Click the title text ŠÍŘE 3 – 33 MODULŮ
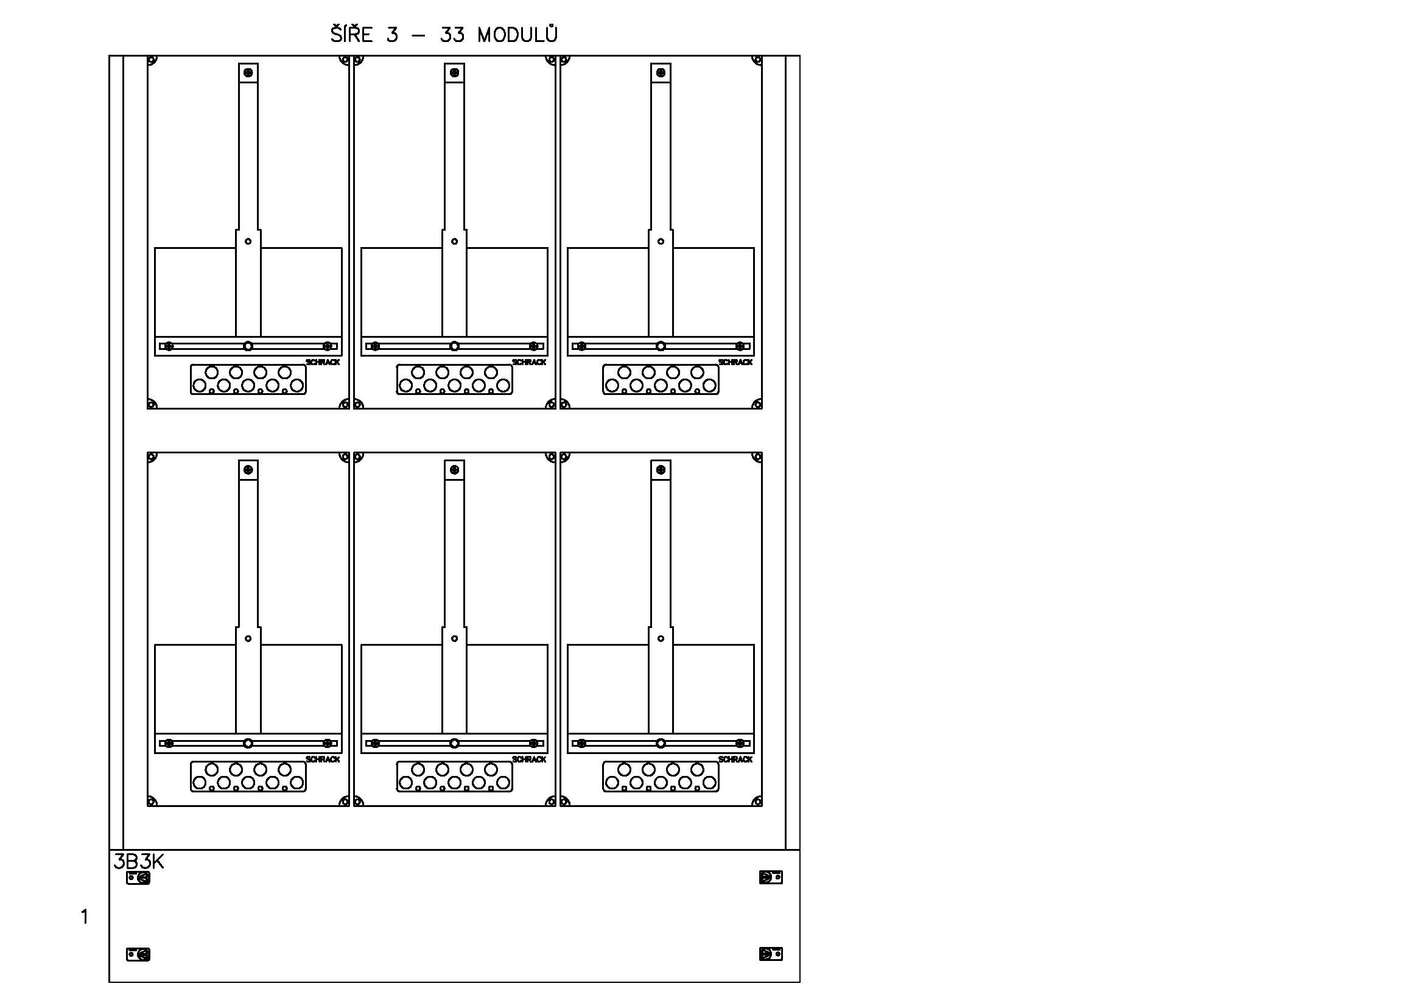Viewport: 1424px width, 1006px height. click(444, 34)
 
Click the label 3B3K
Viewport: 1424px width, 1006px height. click(138, 862)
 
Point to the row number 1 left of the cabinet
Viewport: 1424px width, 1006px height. click(85, 917)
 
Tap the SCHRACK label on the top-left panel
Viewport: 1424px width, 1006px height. click(323, 362)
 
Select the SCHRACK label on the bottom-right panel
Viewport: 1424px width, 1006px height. click(735, 760)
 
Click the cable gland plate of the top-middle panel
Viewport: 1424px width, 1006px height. click(455, 379)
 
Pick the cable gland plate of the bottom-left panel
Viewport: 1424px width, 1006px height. click(248, 777)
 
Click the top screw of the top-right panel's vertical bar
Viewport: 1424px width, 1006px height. click(661, 73)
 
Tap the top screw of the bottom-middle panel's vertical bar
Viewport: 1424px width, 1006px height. click(455, 470)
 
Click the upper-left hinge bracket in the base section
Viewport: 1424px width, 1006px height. click(138, 878)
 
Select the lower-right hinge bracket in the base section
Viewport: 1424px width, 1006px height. click(771, 954)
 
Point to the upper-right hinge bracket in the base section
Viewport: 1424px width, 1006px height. click(771, 877)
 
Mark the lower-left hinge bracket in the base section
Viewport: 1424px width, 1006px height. click(138, 954)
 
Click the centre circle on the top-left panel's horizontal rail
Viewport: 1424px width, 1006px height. click(248, 346)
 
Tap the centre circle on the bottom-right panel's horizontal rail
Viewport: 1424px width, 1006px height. click(661, 743)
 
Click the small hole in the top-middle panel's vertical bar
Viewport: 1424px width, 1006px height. click(455, 241)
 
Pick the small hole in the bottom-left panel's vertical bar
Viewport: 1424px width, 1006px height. click(248, 638)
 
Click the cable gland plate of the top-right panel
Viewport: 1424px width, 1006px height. click(661, 379)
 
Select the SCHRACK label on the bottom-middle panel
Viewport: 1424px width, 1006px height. click(529, 760)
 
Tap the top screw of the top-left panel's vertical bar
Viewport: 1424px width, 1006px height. click(248, 73)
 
